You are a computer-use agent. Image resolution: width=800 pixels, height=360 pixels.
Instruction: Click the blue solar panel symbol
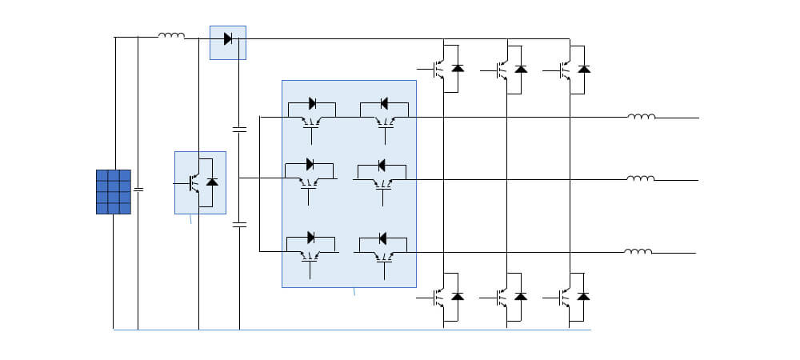(x=113, y=191)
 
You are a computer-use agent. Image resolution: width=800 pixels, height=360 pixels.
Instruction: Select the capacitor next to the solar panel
(x=138, y=190)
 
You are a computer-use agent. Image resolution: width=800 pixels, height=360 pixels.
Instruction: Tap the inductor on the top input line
(x=171, y=35)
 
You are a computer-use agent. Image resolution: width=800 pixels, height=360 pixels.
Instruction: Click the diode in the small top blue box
(x=228, y=38)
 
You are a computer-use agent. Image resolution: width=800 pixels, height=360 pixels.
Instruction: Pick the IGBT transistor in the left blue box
(x=194, y=183)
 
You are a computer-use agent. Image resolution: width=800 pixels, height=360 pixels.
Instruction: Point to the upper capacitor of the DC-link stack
(x=238, y=128)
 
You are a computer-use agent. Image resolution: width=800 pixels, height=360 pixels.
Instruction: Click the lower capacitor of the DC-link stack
(x=238, y=226)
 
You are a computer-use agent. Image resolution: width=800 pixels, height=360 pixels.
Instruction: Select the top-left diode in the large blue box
(x=312, y=103)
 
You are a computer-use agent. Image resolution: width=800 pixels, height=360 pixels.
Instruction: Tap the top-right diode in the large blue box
(x=383, y=103)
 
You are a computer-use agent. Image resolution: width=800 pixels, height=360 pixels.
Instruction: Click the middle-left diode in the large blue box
(x=310, y=165)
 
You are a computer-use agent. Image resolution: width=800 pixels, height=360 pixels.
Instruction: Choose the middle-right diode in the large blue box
(x=382, y=165)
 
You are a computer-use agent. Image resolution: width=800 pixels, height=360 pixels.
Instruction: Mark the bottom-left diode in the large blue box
(x=311, y=238)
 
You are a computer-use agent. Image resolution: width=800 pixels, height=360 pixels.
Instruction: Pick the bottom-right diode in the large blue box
(x=382, y=238)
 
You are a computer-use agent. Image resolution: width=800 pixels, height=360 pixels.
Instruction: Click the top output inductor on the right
(x=642, y=117)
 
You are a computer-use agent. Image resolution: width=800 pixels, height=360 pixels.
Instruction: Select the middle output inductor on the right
(x=640, y=178)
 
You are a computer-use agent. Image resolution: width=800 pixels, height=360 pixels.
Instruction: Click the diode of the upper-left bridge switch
(x=458, y=69)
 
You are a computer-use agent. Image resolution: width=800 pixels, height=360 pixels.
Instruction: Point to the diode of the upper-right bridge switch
(x=584, y=69)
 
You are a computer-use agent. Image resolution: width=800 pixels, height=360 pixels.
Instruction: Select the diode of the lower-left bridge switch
(x=458, y=297)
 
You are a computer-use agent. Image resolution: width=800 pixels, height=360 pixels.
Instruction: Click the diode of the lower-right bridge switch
(x=584, y=297)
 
